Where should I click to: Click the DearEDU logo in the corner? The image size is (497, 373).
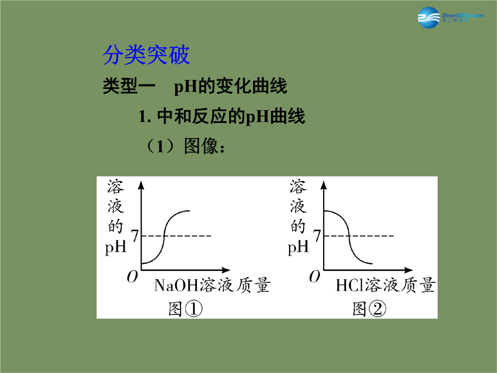(x=451, y=17)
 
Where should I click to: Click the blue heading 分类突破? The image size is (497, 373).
(x=146, y=55)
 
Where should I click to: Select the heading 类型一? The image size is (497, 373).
(x=129, y=86)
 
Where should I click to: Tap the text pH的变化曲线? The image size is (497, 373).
(x=231, y=86)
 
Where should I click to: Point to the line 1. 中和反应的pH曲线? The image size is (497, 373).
(x=221, y=116)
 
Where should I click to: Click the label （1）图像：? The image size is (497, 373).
(x=185, y=146)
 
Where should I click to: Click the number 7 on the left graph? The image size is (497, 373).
(x=135, y=236)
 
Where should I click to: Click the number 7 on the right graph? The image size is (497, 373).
(x=317, y=236)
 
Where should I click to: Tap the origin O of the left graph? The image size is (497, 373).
(x=133, y=277)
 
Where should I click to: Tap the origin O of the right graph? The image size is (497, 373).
(x=315, y=277)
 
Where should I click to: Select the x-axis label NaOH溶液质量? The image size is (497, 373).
(x=212, y=285)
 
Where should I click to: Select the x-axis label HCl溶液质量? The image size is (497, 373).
(x=385, y=285)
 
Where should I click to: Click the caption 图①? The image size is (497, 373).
(x=185, y=309)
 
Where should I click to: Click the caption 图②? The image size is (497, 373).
(x=369, y=309)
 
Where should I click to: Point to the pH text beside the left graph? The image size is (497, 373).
(x=116, y=247)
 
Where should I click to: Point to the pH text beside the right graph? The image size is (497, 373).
(x=298, y=247)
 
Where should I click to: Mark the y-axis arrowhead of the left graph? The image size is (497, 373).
(x=141, y=185)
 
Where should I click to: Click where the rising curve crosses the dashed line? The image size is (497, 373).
(x=164, y=236)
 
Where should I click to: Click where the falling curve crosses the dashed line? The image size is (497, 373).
(x=349, y=236)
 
